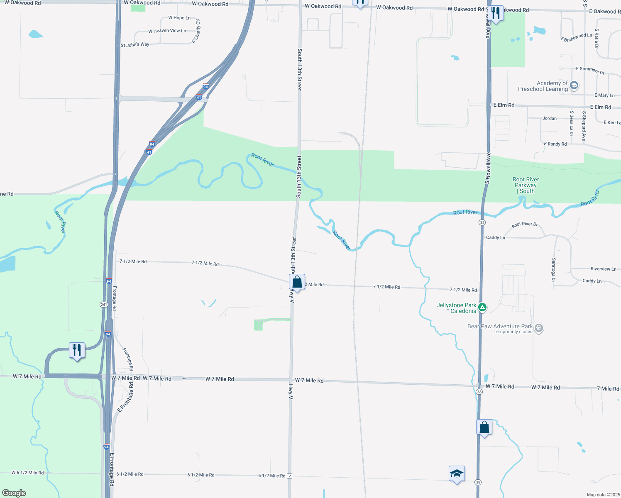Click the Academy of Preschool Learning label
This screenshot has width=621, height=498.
pyautogui.click(x=543, y=86)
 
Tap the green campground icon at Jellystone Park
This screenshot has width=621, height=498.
pyautogui.click(x=482, y=308)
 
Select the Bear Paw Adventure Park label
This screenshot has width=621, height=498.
pyautogui.click(x=500, y=327)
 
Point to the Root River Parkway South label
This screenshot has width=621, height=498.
pyautogui.click(x=526, y=186)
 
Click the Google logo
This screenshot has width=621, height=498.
pyautogui.click(x=14, y=493)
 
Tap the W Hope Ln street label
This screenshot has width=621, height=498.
pyautogui.click(x=179, y=18)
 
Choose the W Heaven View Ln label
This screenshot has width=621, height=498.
pyautogui.click(x=167, y=31)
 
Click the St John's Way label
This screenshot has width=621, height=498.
pyautogui.click(x=135, y=45)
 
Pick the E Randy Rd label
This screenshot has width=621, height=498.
pyautogui.click(x=555, y=144)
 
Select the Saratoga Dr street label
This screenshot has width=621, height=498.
pyautogui.click(x=553, y=270)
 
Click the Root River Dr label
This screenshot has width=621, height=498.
pyautogui.click(x=525, y=225)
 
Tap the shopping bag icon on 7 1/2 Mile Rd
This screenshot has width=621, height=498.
pyautogui.click(x=297, y=283)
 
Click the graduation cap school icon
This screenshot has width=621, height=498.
pyautogui.click(x=457, y=474)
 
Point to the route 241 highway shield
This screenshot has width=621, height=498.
pyautogui.click(x=104, y=305)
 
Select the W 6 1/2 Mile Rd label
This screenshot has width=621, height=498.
pyautogui.click(x=27, y=473)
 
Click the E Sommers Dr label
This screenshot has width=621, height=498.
pyautogui.click(x=590, y=70)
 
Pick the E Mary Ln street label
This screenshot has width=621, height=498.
pyautogui.click(x=604, y=95)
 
